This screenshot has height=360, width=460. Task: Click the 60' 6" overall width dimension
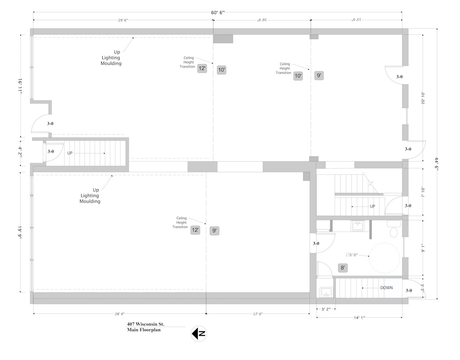218,13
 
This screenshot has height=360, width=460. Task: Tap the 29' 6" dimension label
123,20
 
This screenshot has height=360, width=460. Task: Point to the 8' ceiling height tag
343,268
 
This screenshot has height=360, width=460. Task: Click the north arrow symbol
199,334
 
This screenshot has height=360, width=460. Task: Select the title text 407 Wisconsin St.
146,324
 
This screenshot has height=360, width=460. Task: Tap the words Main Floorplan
144,330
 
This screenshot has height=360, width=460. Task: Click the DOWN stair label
386,288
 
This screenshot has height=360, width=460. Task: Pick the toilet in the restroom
394,231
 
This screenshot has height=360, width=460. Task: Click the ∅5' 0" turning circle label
352,255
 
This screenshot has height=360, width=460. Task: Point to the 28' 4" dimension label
120,314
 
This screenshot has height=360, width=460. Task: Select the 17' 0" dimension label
258,314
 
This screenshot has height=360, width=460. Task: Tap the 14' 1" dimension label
360,318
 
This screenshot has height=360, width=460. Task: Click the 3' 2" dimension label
326,309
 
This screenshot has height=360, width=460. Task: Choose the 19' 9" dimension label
20,232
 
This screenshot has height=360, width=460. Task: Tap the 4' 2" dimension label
20,152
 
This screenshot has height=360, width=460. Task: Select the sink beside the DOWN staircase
326,292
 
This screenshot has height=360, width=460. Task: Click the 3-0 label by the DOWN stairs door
409,290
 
